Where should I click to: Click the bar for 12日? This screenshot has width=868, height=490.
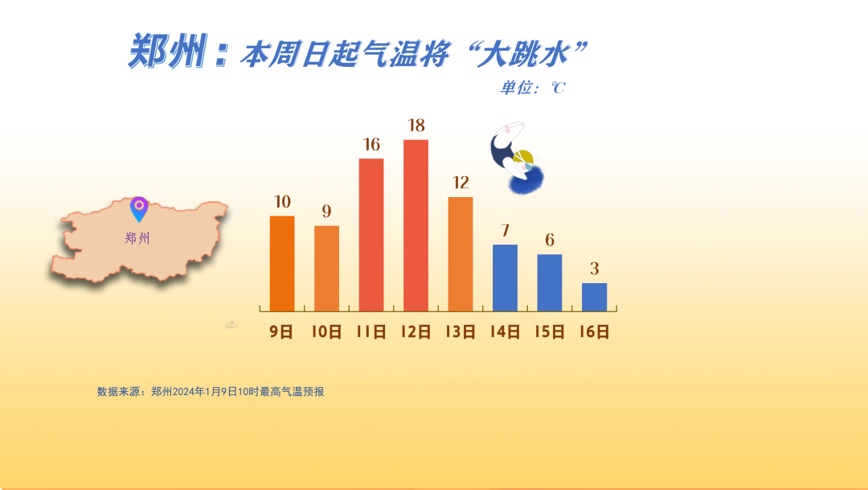pos(416,225)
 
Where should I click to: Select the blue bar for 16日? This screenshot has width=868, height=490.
pos(594,297)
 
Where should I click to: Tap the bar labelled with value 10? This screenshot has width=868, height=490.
pos(282,263)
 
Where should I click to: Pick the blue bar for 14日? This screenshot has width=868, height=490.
pos(505,278)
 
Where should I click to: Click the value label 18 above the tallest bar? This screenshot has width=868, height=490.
pos(416,126)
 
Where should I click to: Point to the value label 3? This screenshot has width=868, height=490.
pos(595,269)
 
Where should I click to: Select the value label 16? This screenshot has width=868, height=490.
pos(371,145)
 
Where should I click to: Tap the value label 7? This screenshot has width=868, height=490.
pos(505,231)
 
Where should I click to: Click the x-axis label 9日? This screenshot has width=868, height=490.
pos(281,331)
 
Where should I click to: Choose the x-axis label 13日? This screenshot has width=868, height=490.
pos(461,331)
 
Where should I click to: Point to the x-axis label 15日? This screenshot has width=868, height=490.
pos(550,331)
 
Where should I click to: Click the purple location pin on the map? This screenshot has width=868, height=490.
pos(139,209)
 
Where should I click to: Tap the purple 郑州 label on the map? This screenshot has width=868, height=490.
pos(137,238)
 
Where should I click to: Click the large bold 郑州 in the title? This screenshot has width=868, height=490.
pos(168,51)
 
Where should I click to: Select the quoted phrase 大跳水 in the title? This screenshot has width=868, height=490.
pos(523,55)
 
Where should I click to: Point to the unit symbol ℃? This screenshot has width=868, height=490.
pos(558,88)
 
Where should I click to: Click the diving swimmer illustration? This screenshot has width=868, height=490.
pos(517,159)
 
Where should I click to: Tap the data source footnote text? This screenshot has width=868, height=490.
pos(211,392)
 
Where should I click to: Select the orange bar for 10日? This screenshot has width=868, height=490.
pos(326,268)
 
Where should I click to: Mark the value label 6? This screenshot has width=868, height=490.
pos(550,240)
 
